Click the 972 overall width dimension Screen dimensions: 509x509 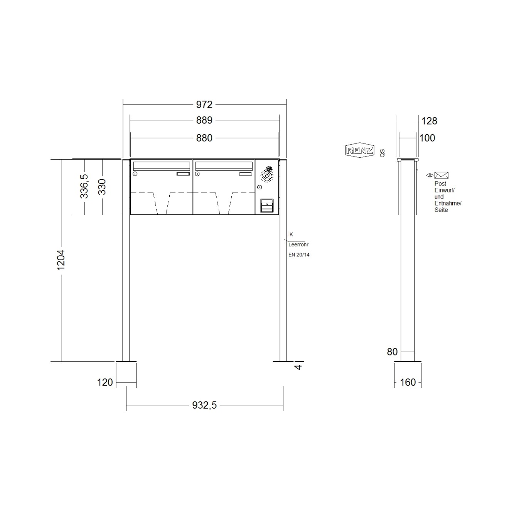204,104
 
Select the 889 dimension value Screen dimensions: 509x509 204,120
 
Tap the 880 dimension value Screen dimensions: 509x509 204,138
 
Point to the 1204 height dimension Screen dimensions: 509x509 61,260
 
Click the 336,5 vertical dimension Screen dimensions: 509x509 84,187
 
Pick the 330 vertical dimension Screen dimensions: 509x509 102,187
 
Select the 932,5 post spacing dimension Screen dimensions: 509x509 204,405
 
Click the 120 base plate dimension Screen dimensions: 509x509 105,382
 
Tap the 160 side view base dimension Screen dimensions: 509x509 408,382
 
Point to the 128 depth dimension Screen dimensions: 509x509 429,121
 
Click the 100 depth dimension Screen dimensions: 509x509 427,138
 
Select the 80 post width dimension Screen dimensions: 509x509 392,352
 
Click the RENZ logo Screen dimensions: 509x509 360,150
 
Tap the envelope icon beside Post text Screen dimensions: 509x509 441,175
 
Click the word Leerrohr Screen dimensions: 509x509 298,244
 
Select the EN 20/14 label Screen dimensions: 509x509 299,255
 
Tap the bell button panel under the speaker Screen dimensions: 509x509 266,206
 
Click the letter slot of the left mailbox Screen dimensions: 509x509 161,166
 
